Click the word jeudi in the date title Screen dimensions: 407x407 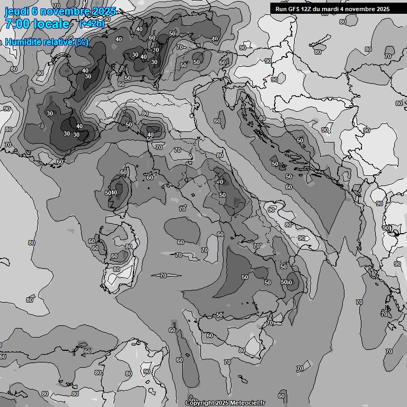[16, 12]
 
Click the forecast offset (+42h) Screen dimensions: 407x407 [91, 24]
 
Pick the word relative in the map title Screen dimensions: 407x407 [57, 42]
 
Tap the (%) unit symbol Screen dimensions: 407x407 [82, 42]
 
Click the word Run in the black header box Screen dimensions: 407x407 [281, 9]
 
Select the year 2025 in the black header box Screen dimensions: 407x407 [383, 9]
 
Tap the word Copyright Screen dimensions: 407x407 [200, 403]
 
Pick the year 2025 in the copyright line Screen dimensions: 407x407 [223, 403]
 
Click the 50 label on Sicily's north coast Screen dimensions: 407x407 [219, 315]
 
